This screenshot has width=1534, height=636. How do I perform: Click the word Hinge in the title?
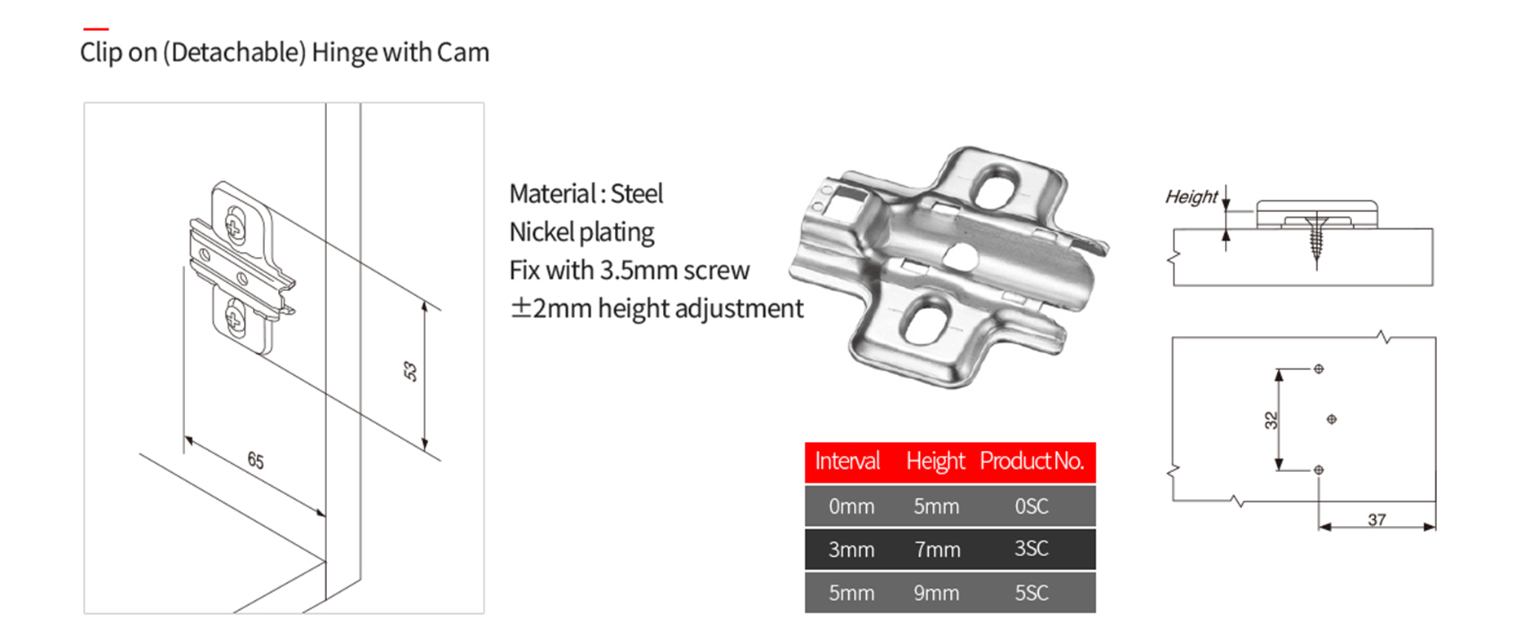point(345,53)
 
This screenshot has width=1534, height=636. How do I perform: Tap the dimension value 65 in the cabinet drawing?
point(255,461)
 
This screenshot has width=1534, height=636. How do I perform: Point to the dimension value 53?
point(409,372)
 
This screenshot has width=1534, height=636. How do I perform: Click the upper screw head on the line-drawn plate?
point(235,225)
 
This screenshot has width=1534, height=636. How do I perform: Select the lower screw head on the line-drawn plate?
point(235,317)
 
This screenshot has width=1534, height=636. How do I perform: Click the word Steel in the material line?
point(636,194)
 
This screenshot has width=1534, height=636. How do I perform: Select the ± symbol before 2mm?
point(520,308)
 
